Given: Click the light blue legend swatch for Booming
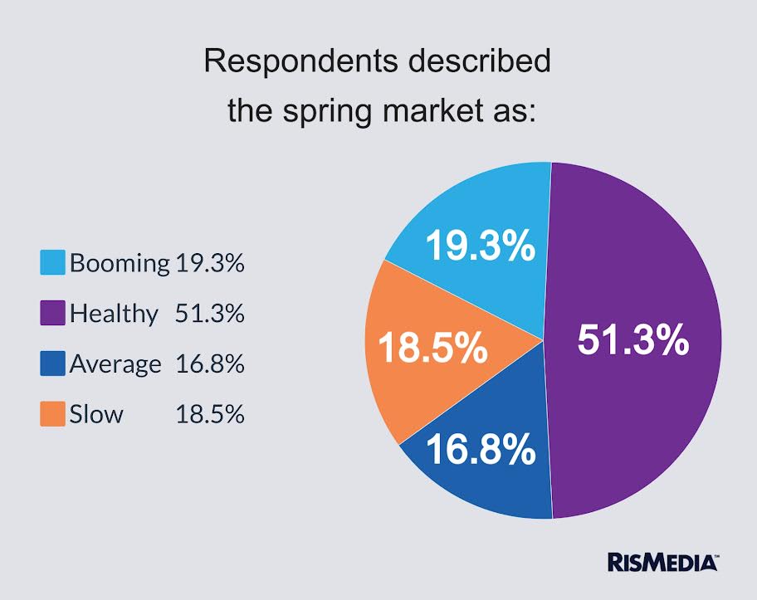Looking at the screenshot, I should (52, 263).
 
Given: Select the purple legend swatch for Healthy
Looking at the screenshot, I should (52, 314).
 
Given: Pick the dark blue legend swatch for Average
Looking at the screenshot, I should (52, 363).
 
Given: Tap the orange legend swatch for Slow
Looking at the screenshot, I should (52, 413).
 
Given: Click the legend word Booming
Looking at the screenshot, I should (120, 264).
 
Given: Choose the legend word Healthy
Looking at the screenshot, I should (114, 314).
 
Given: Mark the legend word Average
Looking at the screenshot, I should (115, 363).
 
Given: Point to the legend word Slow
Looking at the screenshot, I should (96, 413).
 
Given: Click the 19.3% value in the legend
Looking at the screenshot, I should (210, 264).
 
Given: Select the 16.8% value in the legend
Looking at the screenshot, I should (210, 363).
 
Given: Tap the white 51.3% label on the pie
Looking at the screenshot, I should (633, 339).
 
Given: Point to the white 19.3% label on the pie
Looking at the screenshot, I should (481, 246).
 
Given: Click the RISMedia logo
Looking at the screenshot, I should (662, 562).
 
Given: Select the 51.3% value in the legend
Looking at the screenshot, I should (210, 314).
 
